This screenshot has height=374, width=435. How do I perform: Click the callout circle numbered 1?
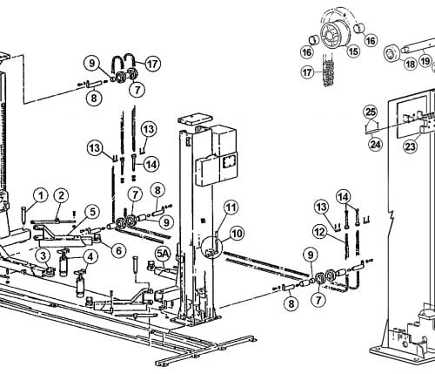click(x=41, y=195)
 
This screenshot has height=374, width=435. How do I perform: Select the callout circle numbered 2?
click(x=61, y=195)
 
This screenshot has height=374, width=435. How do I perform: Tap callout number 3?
click(x=43, y=256)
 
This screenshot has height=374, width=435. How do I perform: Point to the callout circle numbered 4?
click(x=90, y=256)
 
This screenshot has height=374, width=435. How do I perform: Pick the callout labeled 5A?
click(x=163, y=254)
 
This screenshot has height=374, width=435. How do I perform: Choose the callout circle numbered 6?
click(x=118, y=250)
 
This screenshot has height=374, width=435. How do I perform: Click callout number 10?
click(x=237, y=234)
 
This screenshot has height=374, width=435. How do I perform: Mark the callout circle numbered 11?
click(x=231, y=207)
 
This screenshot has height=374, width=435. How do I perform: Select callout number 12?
click(x=320, y=232)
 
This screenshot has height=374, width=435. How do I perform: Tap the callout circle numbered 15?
click(x=353, y=51)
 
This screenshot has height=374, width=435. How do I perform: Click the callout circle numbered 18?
click(x=410, y=64)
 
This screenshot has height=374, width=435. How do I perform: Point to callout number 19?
click(x=425, y=61)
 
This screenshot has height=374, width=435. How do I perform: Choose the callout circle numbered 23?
click(x=411, y=146)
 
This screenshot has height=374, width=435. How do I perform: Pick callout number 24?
click(x=375, y=144)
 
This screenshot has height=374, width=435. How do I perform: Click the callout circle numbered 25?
click(x=371, y=112)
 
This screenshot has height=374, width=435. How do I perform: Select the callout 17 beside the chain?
click(x=307, y=72)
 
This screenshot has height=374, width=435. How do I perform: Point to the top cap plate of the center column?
click(x=195, y=119)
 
